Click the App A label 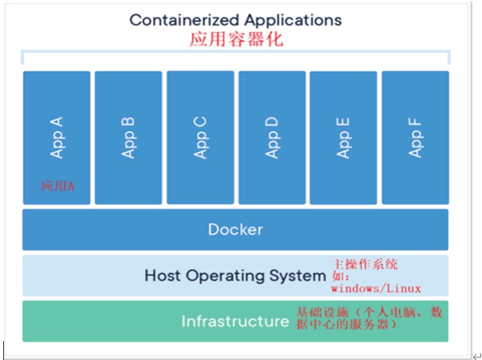57,137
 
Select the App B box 128,137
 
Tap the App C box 200,137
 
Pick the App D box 271,137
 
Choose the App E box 343,137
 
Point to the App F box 415,137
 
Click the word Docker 235,230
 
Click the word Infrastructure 235,322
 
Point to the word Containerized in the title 185,20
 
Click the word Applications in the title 293,20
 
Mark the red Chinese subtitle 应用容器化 236,39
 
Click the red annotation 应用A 58,186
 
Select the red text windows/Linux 376,288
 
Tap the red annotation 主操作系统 365,265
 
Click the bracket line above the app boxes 235,52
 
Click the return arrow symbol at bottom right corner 475,356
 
